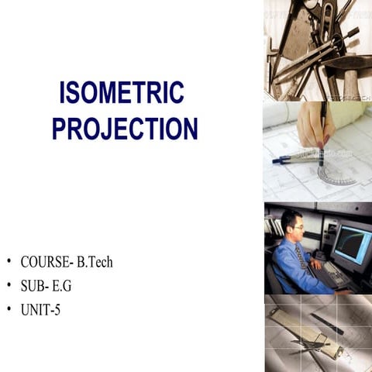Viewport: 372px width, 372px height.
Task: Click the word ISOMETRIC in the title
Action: pyautogui.click(x=122, y=94)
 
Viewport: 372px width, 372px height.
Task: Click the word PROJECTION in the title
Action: pyautogui.click(x=125, y=128)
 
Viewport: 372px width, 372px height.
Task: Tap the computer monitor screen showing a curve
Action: pyautogui.click(x=350, y=244)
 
